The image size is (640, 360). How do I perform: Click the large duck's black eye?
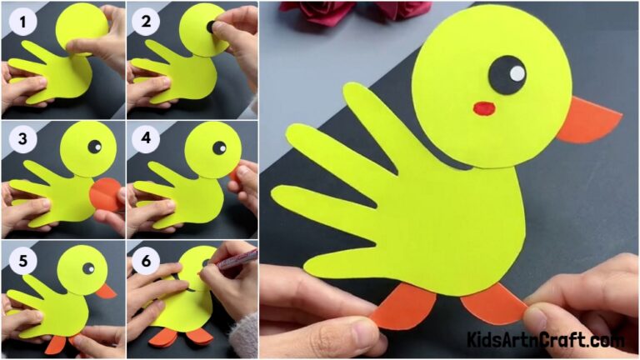point(507,75)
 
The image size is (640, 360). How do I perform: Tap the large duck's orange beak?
point(588,120)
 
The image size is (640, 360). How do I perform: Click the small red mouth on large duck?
point(484,107)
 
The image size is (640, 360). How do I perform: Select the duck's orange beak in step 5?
point(106,291)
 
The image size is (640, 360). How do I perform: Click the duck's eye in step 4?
point(220,147)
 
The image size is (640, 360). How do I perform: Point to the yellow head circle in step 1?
point(80,29)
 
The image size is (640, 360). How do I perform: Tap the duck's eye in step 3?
point(94,147)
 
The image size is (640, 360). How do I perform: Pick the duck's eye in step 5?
point(87,267)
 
